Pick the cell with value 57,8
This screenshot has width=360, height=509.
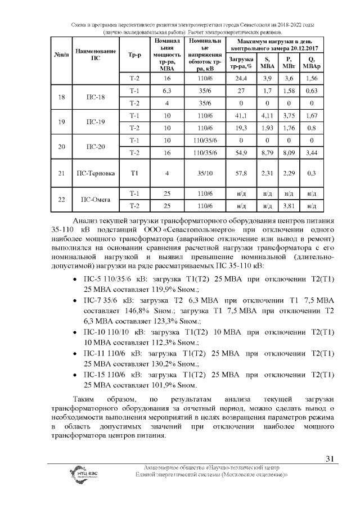click(x=242, y=173)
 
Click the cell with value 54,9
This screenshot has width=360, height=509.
click(x=242, y=152)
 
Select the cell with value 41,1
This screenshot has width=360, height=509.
click(x=242, y=115)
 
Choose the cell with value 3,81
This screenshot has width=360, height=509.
click(x=289, y=205)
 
